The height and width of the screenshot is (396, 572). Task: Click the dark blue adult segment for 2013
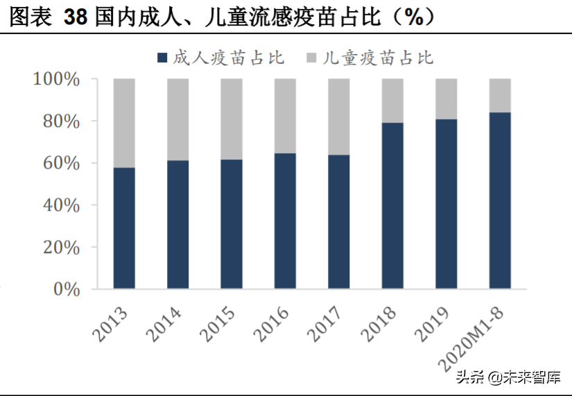(124, 227)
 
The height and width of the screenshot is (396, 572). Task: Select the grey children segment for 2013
(124, 123)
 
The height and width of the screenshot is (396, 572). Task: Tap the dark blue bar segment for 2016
(285, 221)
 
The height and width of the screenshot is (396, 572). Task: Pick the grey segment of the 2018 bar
(392, 101)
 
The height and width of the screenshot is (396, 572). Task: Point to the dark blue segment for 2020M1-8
(500, 200)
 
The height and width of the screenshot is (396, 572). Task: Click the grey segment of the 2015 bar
(232, 119)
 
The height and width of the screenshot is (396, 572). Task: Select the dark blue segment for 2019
(446, 204)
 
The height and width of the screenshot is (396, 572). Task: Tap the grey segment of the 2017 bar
(339, 117)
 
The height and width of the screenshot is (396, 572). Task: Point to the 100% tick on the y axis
(57, 79)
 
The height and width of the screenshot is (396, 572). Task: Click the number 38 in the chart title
(75, 17)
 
